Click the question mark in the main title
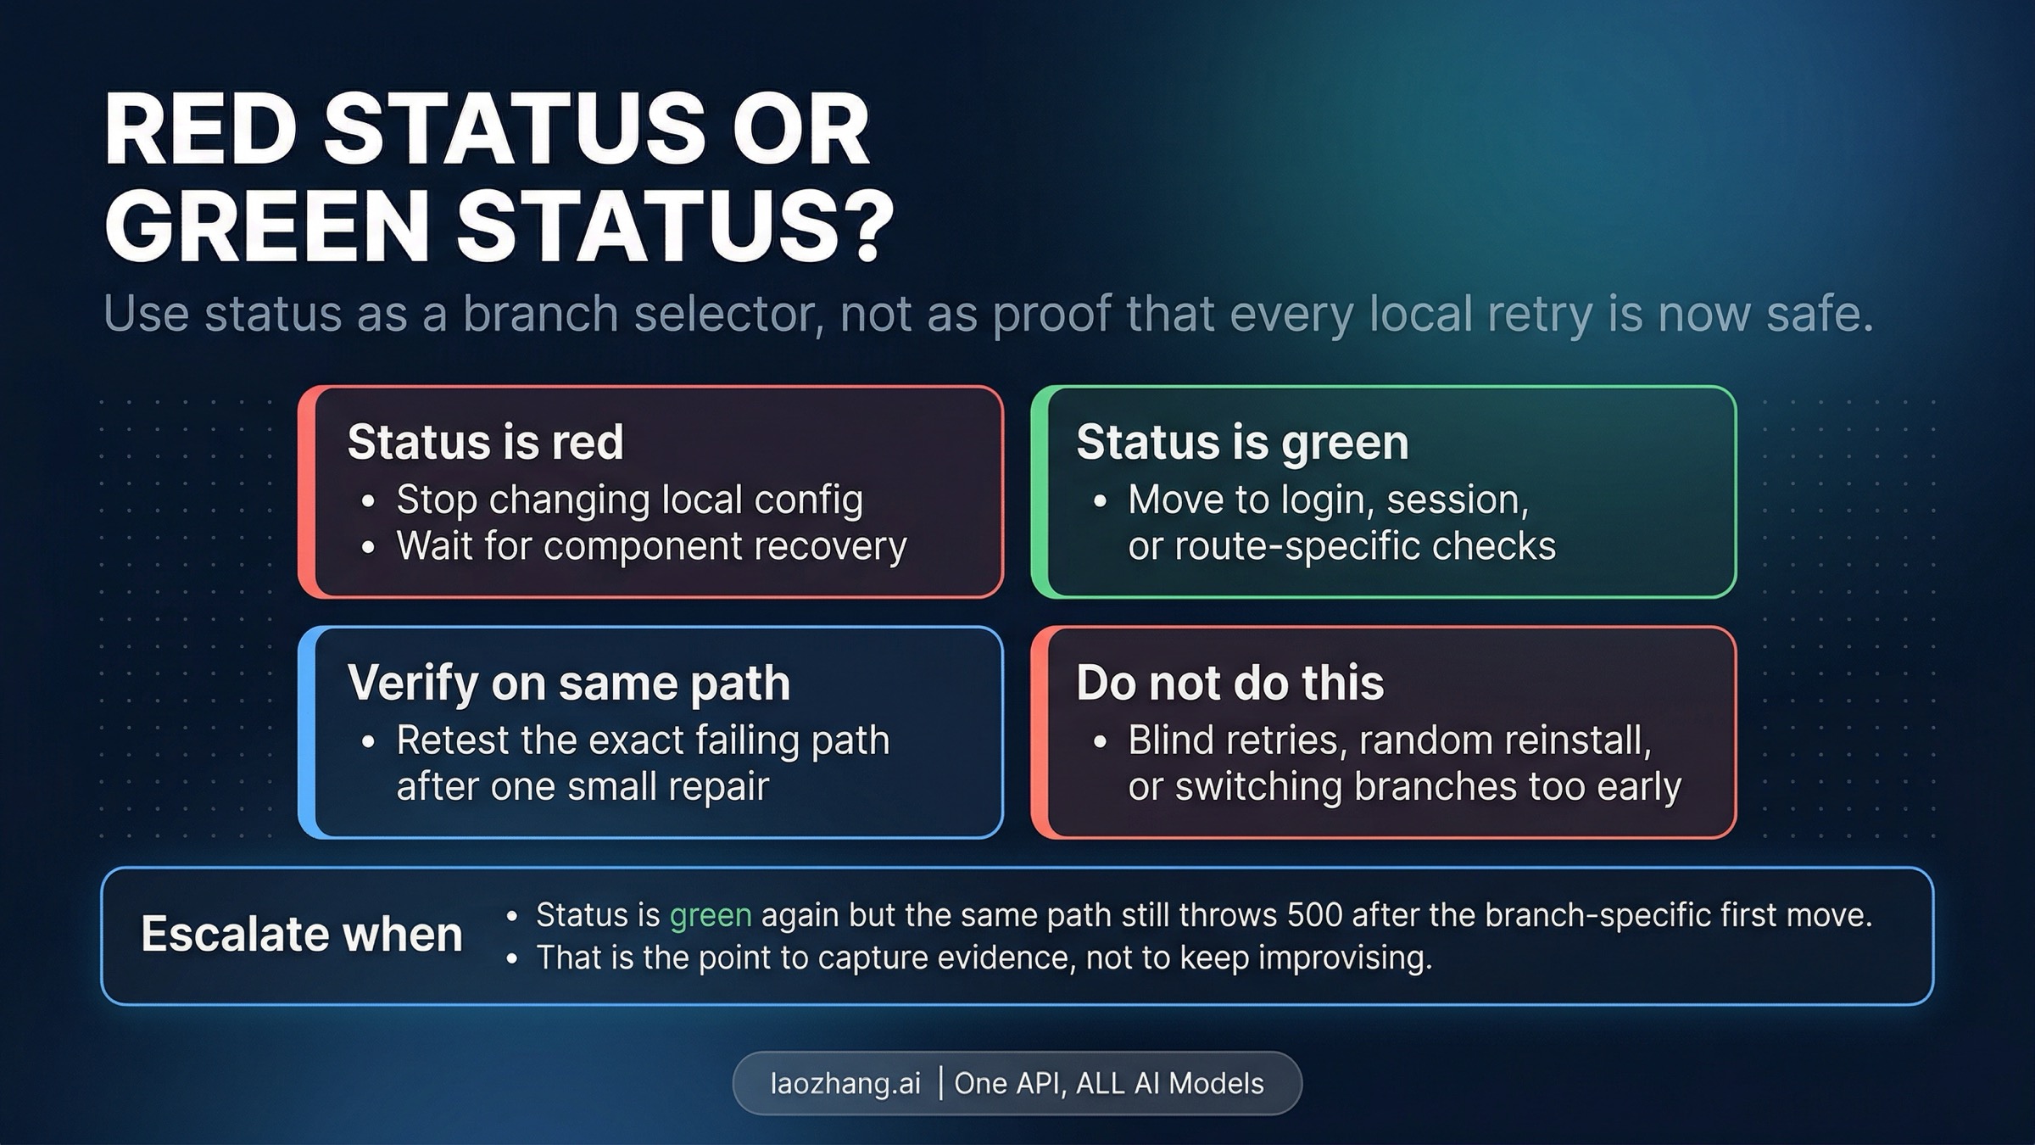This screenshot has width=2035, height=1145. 862,225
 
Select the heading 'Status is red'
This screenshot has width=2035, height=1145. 485,442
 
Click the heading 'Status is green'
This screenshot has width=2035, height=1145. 1242,442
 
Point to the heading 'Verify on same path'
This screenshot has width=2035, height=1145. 568,683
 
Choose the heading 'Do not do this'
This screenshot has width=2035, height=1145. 1229,683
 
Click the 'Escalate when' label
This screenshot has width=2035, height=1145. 302,934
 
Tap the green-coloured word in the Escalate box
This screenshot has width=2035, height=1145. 711,915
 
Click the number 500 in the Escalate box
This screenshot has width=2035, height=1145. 1314,915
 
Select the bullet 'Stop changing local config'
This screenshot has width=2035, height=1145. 629,500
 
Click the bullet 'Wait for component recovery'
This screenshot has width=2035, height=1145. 651,545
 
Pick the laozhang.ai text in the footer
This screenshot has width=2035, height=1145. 845,1083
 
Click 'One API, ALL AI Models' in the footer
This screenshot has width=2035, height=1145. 1109,1083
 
